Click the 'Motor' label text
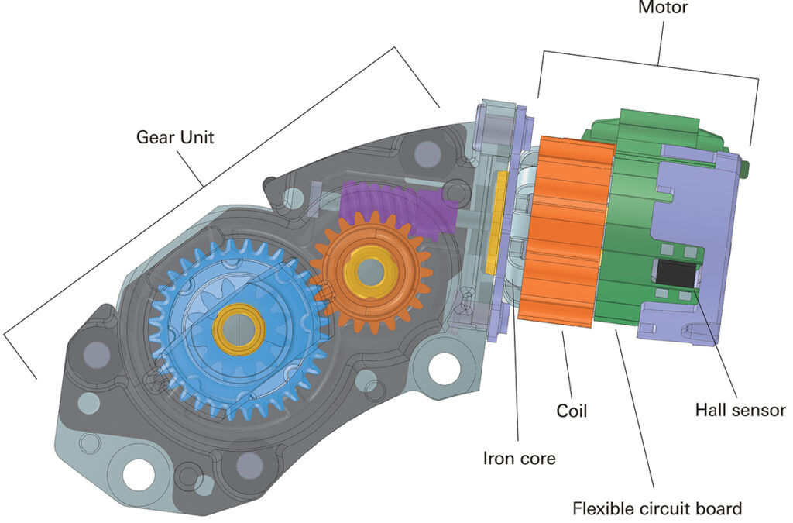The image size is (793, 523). coord(662,9)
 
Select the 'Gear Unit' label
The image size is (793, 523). coord(175,137)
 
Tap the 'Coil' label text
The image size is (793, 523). coord(572,411)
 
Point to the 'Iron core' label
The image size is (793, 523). coord(519,458)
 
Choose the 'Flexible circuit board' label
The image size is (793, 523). coord(657,508)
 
